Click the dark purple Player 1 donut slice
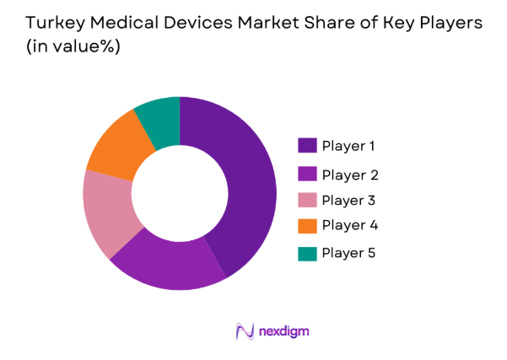pyautogui.click(x=250, y=185)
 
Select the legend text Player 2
pyautogui.click(x=349, y=175)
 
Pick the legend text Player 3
pyautogui.click(x=349, y=201)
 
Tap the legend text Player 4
pyautogui.click(x=349, y=226)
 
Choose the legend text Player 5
pyautogui.click(x=349, y=253)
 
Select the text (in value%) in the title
pyautogui.click(x=70, y=49)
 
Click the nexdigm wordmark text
pyautogui.click(x=283, y=330)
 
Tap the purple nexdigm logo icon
pyautogui.click(x=245, y=330)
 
